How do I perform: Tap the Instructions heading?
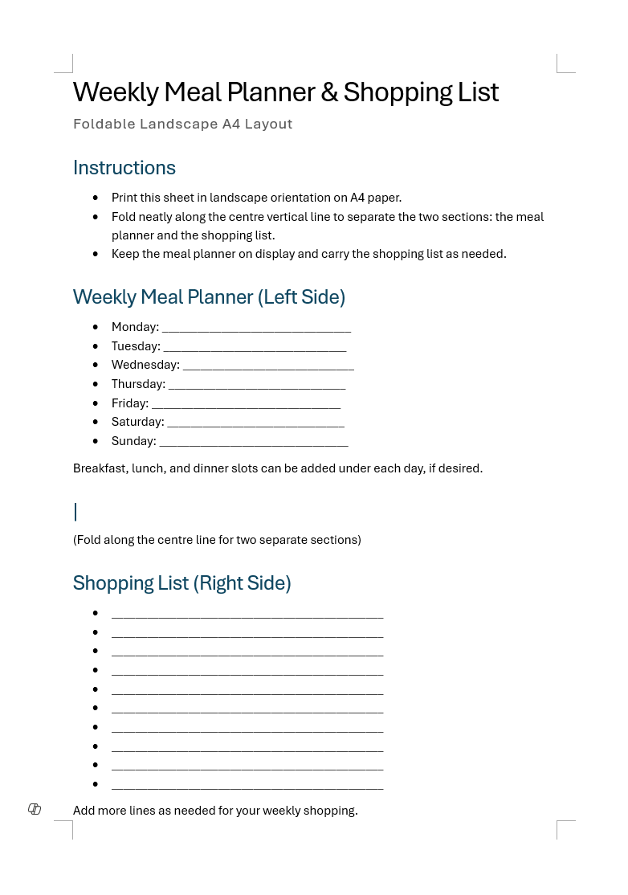[124, 168]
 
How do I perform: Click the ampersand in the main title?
[329, 92]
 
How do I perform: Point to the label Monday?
[135, 327]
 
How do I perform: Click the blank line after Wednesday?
[268, 366]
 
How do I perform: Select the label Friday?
[130, 403]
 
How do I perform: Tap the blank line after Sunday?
[254, 442]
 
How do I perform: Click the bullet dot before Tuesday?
[96, 346]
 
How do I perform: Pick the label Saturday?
[137, 422]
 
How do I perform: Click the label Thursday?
[138, 384]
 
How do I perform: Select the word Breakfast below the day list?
[100, 468]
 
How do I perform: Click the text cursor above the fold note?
[75, 512]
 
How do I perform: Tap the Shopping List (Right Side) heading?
[181, 583]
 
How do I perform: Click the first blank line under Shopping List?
[247, 615]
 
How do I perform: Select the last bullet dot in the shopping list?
[96, 784]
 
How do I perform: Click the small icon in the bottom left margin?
[35, 809]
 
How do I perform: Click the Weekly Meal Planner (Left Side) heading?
[209, 297]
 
